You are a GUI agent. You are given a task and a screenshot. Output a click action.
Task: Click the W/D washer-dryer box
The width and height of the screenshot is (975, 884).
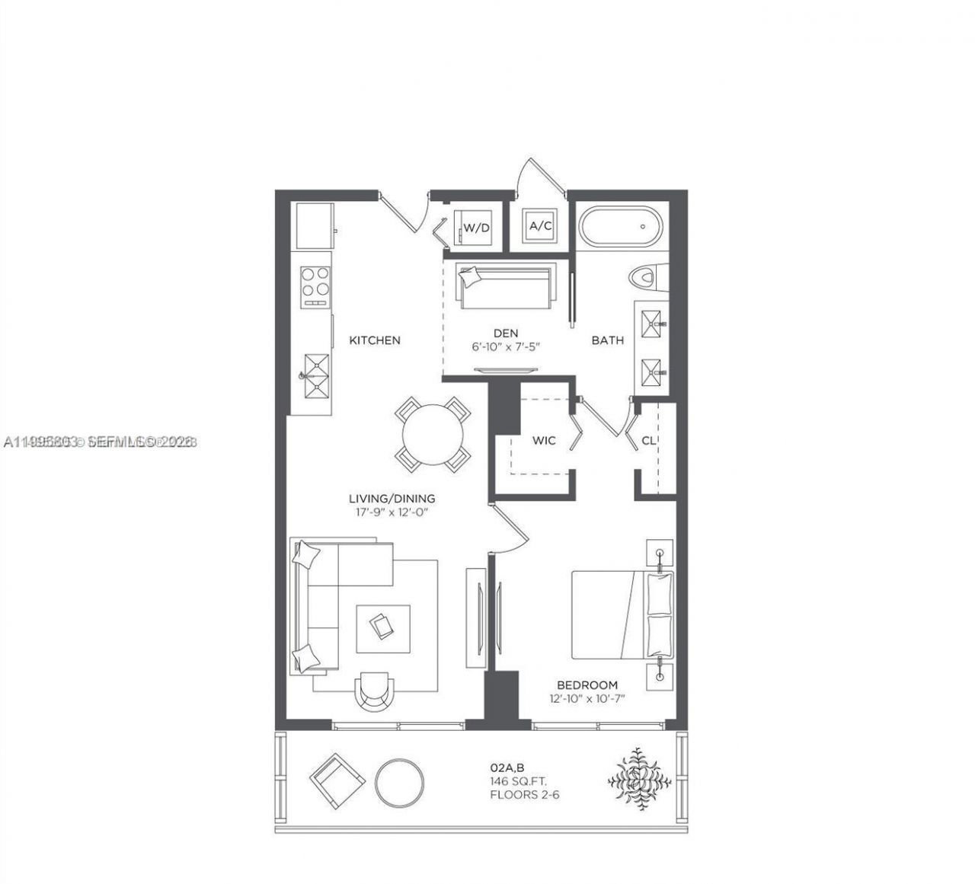(476, 228)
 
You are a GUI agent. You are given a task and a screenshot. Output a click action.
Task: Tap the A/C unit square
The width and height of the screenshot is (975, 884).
(540, 225)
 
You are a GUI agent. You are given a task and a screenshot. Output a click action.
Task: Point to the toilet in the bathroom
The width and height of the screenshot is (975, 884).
(649, 277)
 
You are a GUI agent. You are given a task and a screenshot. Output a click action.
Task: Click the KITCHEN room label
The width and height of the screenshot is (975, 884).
(375, 340)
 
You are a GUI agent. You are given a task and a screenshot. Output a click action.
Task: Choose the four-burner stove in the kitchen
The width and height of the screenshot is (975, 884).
(315, 286)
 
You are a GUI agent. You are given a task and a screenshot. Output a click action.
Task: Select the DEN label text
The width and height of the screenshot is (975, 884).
(506, 333)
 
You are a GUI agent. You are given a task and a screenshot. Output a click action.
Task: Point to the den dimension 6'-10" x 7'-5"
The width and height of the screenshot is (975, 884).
(506, 346)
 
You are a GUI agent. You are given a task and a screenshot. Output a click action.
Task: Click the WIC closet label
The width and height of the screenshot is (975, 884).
(544, 441)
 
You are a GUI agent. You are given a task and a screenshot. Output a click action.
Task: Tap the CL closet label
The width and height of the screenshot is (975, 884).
(649, 440)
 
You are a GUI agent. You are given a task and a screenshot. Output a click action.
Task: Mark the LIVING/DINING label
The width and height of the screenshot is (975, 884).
(392, 499)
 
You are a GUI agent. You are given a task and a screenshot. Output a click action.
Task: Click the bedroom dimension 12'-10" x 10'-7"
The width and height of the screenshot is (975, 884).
(587, 698)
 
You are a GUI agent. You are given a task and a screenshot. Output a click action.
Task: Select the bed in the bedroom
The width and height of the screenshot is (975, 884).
(622, 614)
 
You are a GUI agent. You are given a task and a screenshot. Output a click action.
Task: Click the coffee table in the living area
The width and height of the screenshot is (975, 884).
(383, 627)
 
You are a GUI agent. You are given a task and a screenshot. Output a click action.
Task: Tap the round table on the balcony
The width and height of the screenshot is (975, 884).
(400, 780)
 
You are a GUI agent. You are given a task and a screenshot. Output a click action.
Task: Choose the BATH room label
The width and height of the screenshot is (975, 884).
(608, 340)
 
